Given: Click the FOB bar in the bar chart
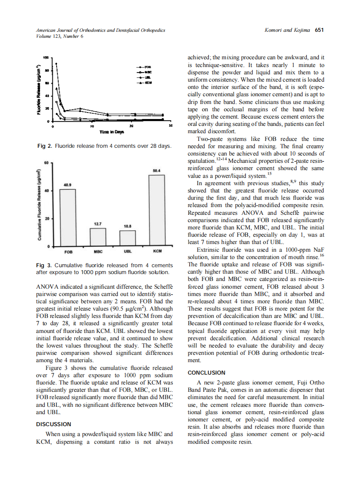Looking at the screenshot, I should coord(67,217).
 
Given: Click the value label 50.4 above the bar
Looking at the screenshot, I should coord(157,171).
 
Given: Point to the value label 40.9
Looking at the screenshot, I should coord(67,185).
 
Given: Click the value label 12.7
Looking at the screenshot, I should coord(98,224).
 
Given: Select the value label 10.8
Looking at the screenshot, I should coord(127,226).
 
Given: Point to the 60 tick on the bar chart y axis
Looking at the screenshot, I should coord(46,163).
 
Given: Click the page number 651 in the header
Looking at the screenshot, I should coord(319,31).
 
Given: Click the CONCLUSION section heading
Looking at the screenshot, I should coord(206,373).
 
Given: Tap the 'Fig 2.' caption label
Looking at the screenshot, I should coord(45,146).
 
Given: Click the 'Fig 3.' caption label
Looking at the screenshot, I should coord(45,265).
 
